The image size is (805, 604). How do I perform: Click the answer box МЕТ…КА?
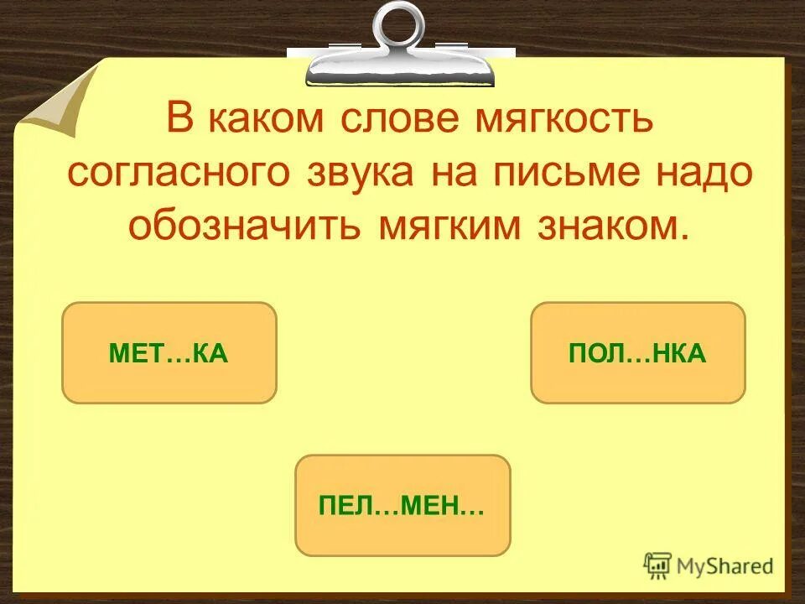(x=169, y=353)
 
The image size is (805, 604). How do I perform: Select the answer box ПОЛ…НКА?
(x=637, y=353)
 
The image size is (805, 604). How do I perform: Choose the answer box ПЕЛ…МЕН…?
(x=402, y=505)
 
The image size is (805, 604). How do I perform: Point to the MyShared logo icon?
(x=657, y=565)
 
